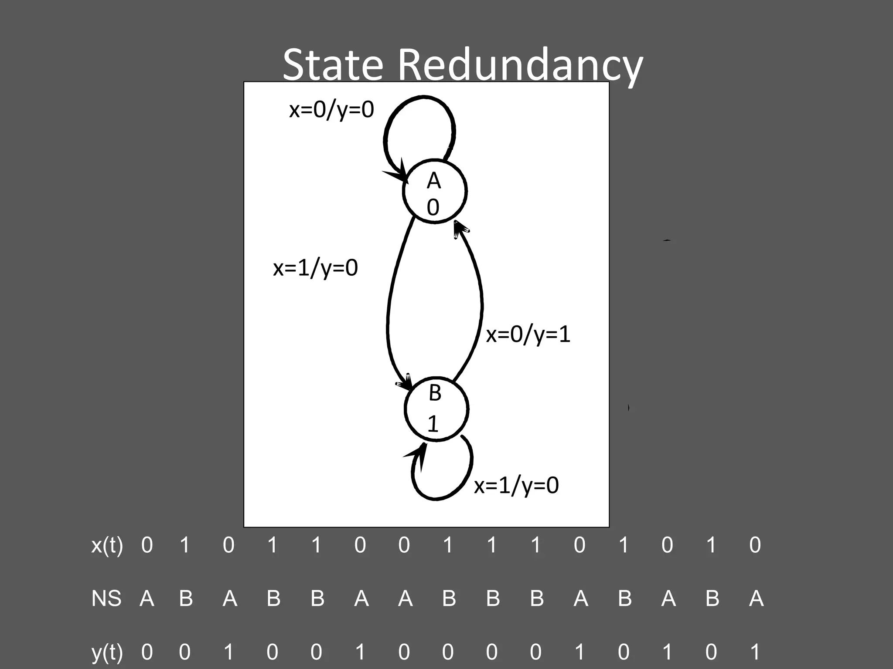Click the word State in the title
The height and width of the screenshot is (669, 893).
click(333, 65)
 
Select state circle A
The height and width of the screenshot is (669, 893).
click(435, 190)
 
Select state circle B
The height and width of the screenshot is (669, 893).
click(436, 409)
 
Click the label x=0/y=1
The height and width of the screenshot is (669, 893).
click(528, 334)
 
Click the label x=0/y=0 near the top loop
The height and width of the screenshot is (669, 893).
click(331, 109)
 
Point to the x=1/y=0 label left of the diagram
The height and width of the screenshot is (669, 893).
click(315, 267)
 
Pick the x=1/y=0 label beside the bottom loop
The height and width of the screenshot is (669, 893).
click(516, 485)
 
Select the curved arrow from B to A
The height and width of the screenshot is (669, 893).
click(480, 305)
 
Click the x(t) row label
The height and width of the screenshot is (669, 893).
click(107, 545)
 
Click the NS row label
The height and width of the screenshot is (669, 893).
click(106, 598)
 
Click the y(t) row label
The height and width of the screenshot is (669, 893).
click(107, 652)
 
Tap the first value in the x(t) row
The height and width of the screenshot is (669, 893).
click(147, 545)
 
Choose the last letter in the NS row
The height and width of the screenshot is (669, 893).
click(756, 598)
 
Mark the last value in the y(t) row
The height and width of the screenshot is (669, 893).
click(755, 652)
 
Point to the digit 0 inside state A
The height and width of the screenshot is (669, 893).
click(433, 207)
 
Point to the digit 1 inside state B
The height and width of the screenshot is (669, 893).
click(433, 424)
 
